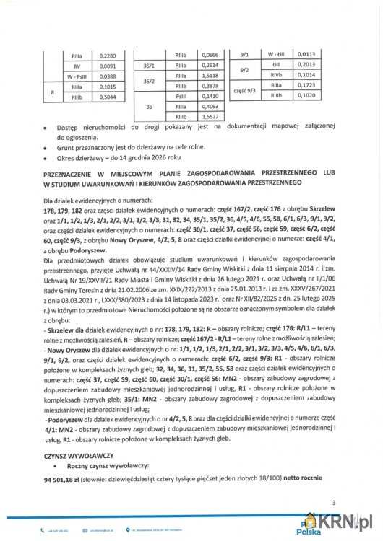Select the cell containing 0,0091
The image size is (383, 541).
106,66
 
